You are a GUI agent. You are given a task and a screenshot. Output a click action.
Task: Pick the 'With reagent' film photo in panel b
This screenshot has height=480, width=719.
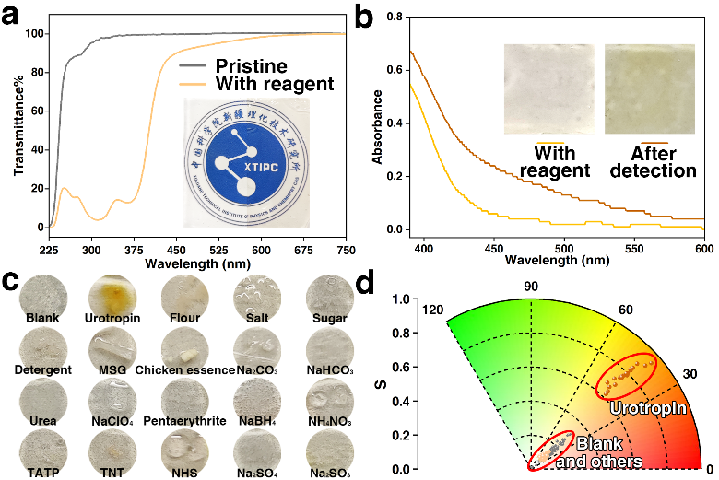click(x=544, y=90)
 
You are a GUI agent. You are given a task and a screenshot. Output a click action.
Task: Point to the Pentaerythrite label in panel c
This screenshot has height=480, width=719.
click(x=183, y=422)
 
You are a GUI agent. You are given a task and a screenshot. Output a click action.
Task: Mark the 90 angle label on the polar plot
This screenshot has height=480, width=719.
click(x=531, y=287)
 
